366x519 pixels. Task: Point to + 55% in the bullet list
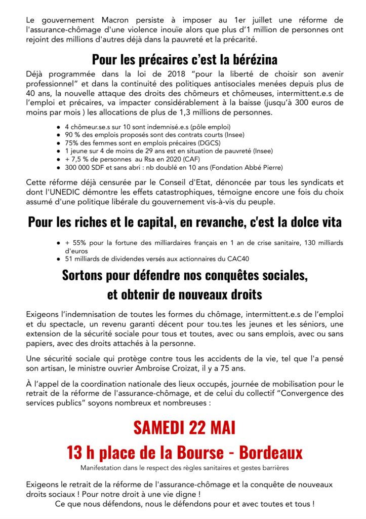[75, 243]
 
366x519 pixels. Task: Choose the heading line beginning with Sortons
[185, 276]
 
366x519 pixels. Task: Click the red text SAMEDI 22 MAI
[184, 427]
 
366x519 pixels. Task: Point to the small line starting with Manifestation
[184, 467]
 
